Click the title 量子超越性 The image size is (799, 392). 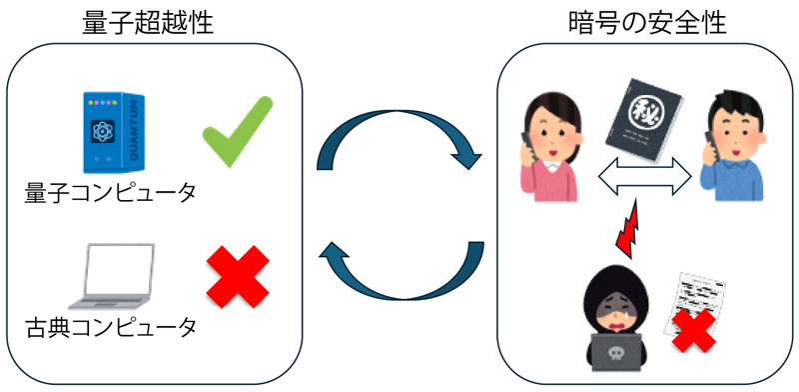point(149,23)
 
